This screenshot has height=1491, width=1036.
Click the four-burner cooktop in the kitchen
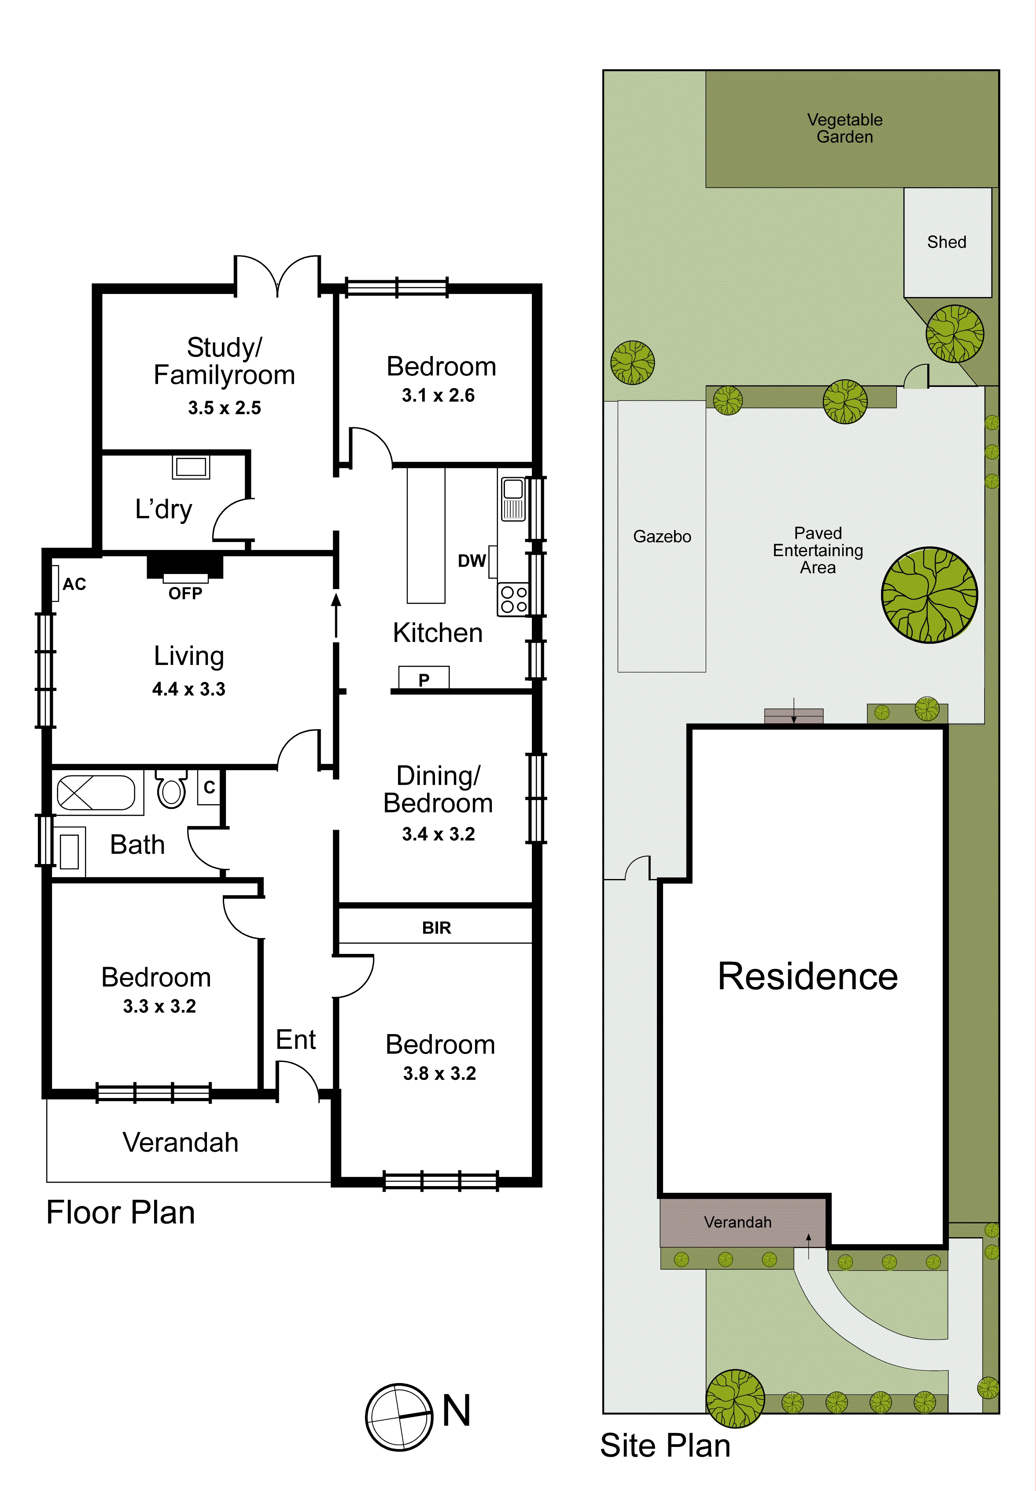tap(513, 599)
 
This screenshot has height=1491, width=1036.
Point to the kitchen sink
tap(513, 499)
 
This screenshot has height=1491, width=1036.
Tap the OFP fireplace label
tap(185, 593)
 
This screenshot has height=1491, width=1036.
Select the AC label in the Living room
tap(74, 584)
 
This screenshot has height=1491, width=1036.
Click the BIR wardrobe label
tap(436, 927)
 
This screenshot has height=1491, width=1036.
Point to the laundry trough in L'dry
tap(191, 467)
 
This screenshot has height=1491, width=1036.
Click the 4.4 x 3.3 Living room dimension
tap(188, 689)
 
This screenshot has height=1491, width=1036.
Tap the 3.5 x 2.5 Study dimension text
tap(224, 408)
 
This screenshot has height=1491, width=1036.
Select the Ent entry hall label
tap(295, 1040)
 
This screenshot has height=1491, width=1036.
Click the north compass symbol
tap(398, 1417)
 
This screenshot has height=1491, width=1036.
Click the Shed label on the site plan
tap(947, 242)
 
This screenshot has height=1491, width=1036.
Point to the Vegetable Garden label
tap(844, 128)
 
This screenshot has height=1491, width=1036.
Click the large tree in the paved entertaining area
tap(929, 595)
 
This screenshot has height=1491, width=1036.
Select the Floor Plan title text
tap(121, 1213)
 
